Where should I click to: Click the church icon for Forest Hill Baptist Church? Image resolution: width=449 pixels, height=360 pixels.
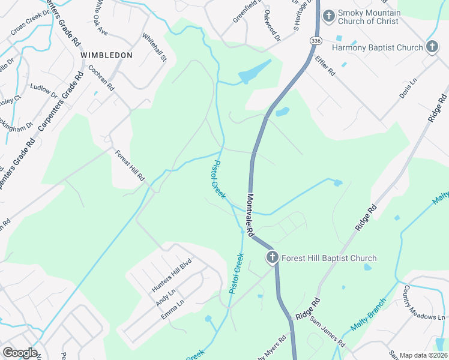coord(272,258)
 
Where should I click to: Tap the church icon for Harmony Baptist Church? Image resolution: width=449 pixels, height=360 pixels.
coord(432,47)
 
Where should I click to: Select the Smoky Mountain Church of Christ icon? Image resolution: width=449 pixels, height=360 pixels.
coord(328,15)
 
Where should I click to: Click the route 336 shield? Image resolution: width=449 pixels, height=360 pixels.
coord(316,40)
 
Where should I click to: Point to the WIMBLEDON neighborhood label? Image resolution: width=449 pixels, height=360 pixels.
coord(106,55)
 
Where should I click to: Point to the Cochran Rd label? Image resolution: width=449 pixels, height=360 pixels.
coord(101,77)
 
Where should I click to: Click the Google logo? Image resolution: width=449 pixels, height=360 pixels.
coord(20,353)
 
